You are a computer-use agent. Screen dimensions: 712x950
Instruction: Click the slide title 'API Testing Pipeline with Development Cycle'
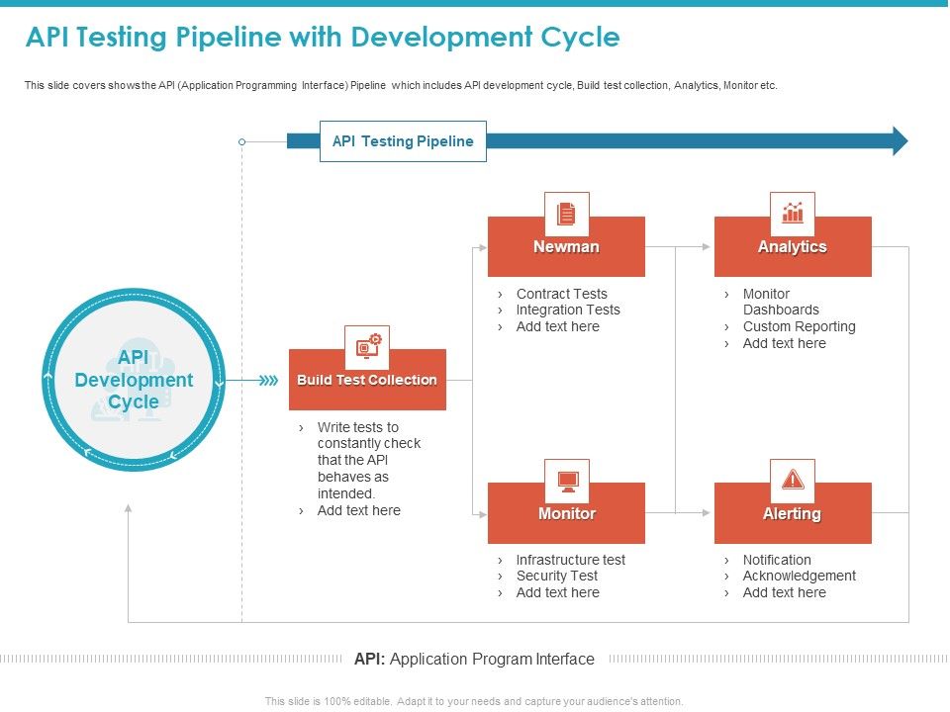click(x=323, y=38)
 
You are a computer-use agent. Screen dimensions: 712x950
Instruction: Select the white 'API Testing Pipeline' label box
click(x=403, y=141)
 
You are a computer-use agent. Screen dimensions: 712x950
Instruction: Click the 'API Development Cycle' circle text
click(x=134, y=380)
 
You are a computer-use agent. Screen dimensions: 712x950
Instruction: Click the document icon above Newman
click(x=566, y=214)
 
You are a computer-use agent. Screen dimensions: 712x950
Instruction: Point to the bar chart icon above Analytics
click(x=793, y=214)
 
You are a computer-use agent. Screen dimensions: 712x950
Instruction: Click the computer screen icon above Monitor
click(x=567, y=481)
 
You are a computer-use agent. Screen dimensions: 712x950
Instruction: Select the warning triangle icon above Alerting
click(x=793, y=481)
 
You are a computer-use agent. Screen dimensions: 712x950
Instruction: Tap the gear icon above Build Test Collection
click(x=367, y=347)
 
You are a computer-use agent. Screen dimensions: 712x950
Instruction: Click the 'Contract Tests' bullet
click(x=561, y=294)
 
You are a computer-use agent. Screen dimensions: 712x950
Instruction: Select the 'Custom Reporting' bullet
click(x=799, y=326)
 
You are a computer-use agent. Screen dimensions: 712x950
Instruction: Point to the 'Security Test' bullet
click(x=556, y=576)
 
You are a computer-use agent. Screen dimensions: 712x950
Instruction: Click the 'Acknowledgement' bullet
click(x=799, y=576)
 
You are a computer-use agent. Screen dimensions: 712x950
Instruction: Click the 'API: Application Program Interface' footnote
click(x=474, y=659)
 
